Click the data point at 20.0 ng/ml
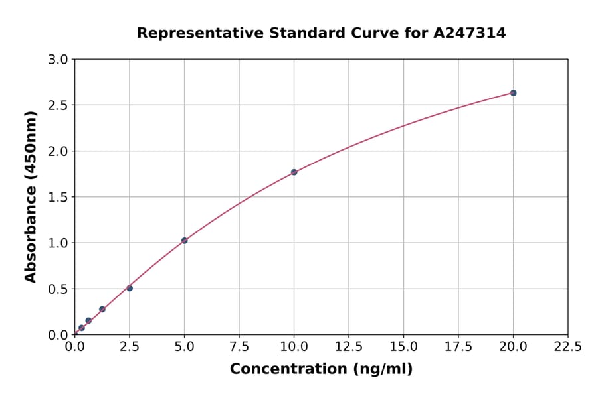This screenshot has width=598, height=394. coord(513,93)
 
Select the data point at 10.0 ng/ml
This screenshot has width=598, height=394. coord(294,172)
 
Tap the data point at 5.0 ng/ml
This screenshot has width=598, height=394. coord(184,241)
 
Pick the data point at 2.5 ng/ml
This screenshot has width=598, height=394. coord(130,288)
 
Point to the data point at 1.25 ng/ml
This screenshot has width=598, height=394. coord(102,309)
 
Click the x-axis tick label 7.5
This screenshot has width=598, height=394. coord(239,346)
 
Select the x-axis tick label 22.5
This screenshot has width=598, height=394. coord(567,346)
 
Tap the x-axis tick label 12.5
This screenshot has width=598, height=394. coord(349,346)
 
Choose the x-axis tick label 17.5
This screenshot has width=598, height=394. coord(458,346)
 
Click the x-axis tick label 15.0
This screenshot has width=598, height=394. coord(403,346)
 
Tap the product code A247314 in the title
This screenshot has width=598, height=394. coord(470,33)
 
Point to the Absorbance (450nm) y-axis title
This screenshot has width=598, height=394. coord(31,197)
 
